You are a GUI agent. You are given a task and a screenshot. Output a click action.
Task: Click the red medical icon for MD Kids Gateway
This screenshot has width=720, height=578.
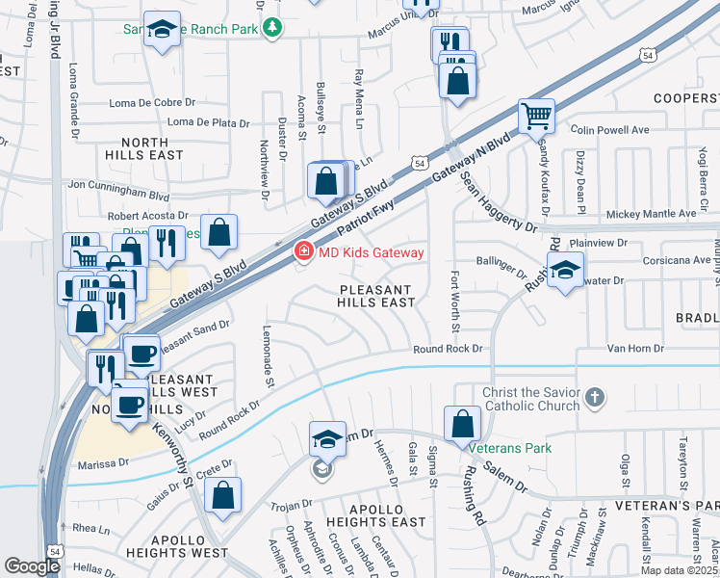[x=302, y=252]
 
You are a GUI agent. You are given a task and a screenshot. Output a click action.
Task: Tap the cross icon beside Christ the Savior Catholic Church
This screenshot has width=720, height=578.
[x=596, y=397]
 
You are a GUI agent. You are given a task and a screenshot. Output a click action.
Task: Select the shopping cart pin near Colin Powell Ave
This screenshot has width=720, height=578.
[x=536, y=117]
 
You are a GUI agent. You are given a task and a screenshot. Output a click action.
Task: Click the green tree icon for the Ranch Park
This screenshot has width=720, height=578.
[x=273, y=28]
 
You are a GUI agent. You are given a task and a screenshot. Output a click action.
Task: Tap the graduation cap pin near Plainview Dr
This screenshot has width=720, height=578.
[x=565, y=269]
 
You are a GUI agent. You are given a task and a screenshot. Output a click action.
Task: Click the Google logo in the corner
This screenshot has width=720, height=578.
[x=32, y=566]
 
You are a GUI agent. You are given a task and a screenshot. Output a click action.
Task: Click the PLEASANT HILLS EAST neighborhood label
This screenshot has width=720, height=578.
[x=376, y=296]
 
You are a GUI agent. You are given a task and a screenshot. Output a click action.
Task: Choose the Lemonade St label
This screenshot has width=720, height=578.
[x=270, y=371]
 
